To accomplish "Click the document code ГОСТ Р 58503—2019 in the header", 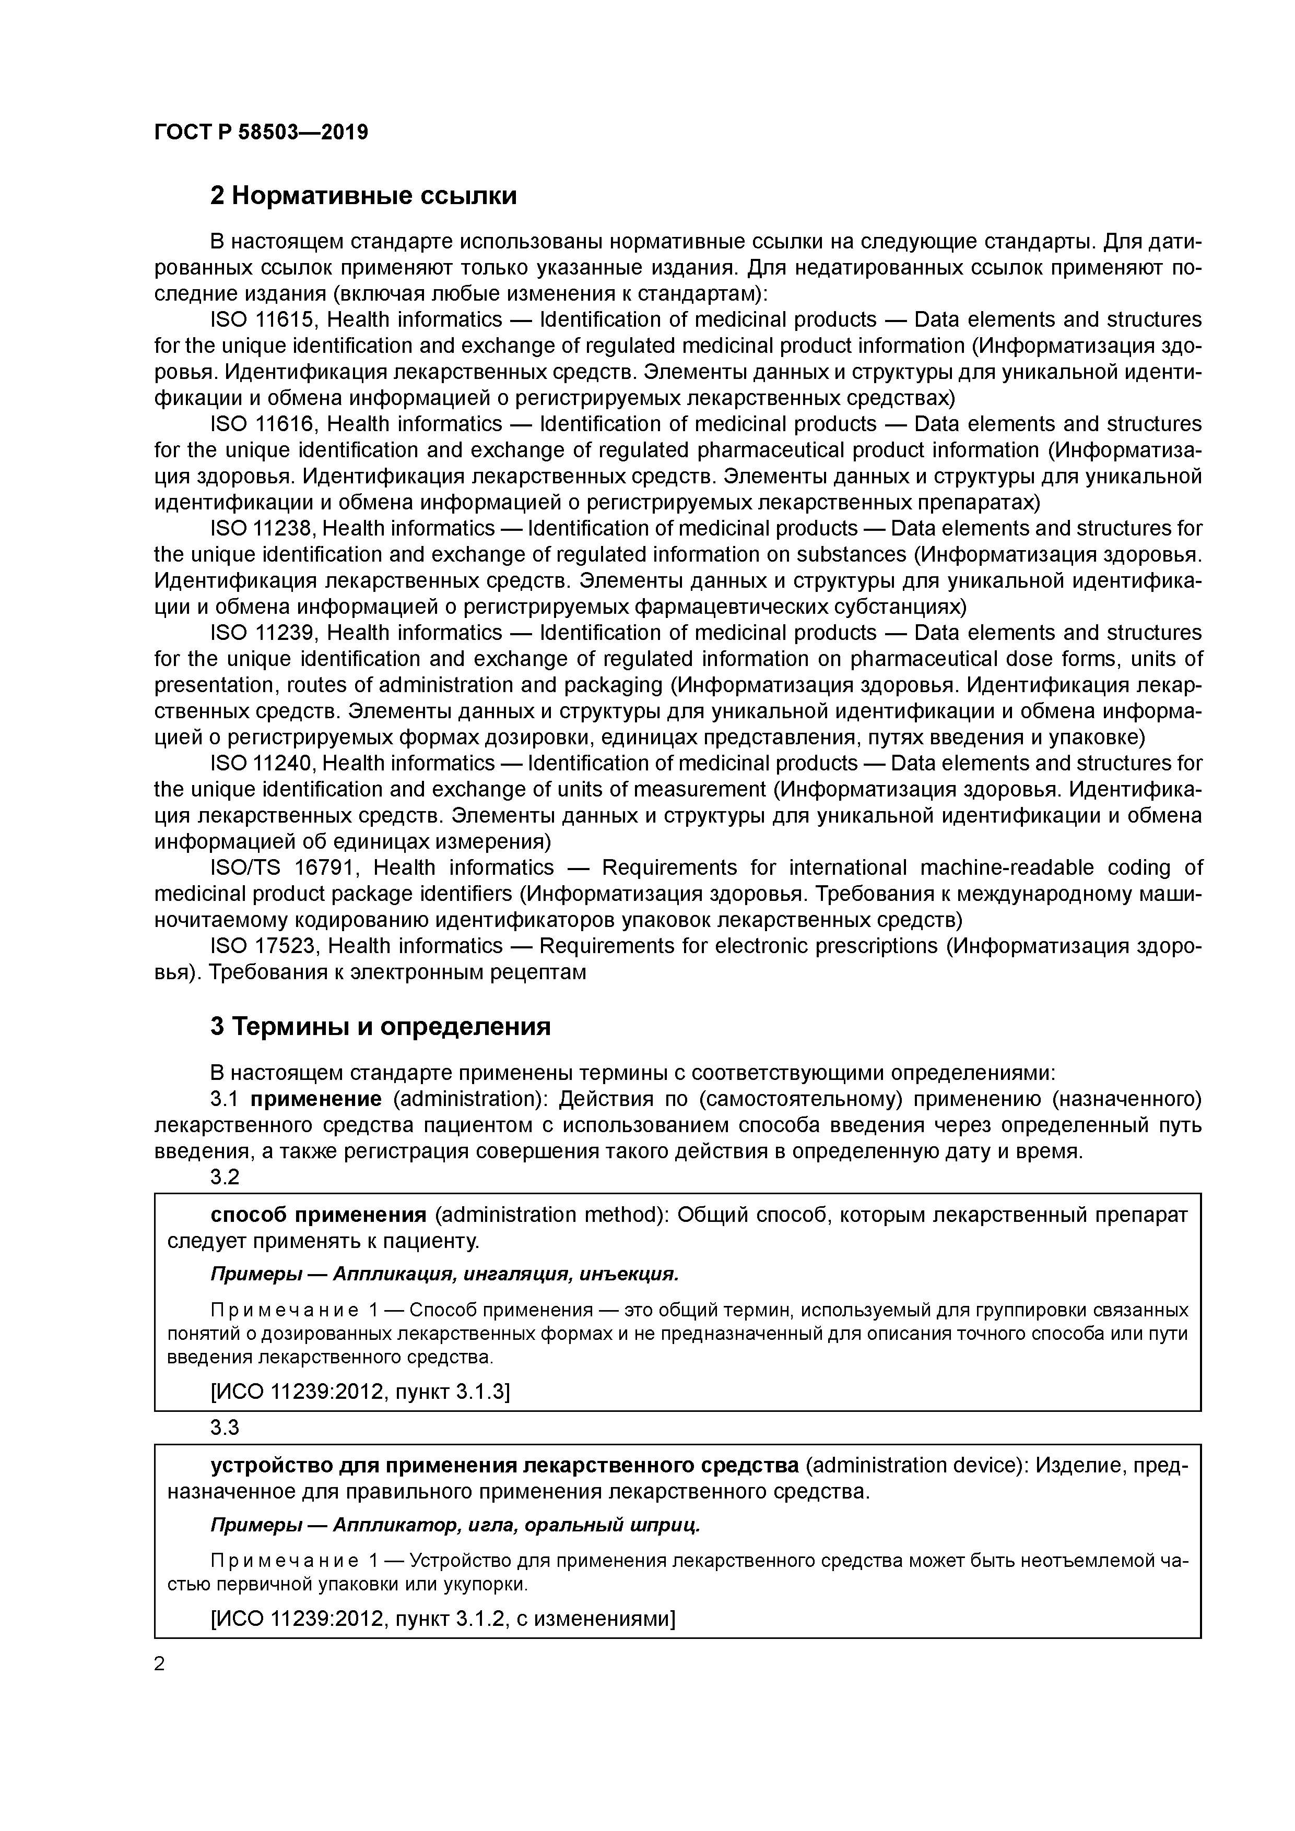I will (x=261, y=133).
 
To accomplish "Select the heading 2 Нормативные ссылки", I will (x=363, y=195).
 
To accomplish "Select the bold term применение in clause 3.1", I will (x=316, y=1100).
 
